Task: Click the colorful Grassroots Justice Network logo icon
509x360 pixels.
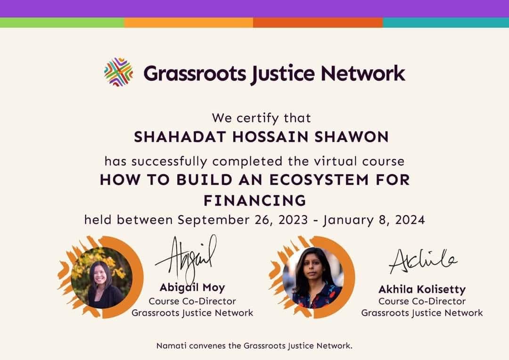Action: click(118, 72)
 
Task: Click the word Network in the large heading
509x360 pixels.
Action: click(363, 74)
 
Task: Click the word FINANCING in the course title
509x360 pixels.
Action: click(255, 201)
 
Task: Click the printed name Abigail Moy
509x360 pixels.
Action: click(192, 287)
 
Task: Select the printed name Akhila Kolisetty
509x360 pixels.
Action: click(422, 289)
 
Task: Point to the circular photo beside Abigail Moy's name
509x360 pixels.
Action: click(102, 278)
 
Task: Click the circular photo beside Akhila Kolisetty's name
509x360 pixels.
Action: click(313, 278)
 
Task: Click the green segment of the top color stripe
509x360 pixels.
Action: click(62, 23)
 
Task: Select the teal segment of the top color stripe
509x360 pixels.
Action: click(446, 23)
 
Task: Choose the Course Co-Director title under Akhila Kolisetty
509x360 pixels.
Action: click(422, 301)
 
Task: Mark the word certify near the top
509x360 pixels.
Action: click(258, 118)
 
